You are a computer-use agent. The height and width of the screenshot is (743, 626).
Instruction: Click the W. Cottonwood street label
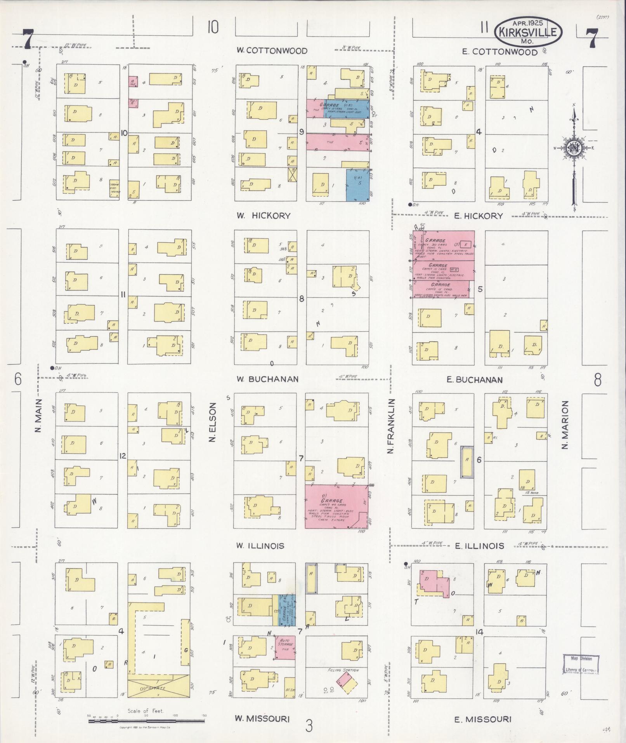click(272, 51)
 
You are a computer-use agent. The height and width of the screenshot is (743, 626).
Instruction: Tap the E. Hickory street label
click(479, 216)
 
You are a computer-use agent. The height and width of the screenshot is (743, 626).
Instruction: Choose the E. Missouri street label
click(483, 719)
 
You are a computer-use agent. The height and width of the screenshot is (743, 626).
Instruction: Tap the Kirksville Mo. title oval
click(528, 31)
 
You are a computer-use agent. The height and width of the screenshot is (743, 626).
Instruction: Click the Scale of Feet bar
click(147, 721)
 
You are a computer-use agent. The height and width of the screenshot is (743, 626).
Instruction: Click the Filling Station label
click(343, 670)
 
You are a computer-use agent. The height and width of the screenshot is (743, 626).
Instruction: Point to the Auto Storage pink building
click(285, 647)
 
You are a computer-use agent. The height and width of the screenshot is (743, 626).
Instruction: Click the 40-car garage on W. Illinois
click(336, 506)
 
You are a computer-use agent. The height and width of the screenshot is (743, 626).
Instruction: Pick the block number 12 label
click(123, 456)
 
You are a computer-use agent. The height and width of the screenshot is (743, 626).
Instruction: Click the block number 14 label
click(480, 632)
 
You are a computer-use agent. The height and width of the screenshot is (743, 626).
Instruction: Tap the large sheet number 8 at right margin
click(598, 380)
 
